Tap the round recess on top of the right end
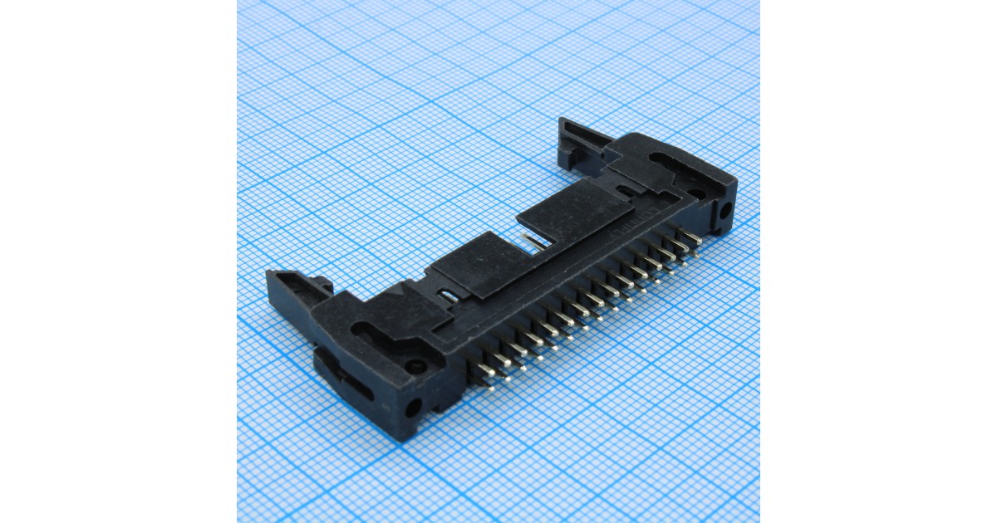click(x=698, y=193)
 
